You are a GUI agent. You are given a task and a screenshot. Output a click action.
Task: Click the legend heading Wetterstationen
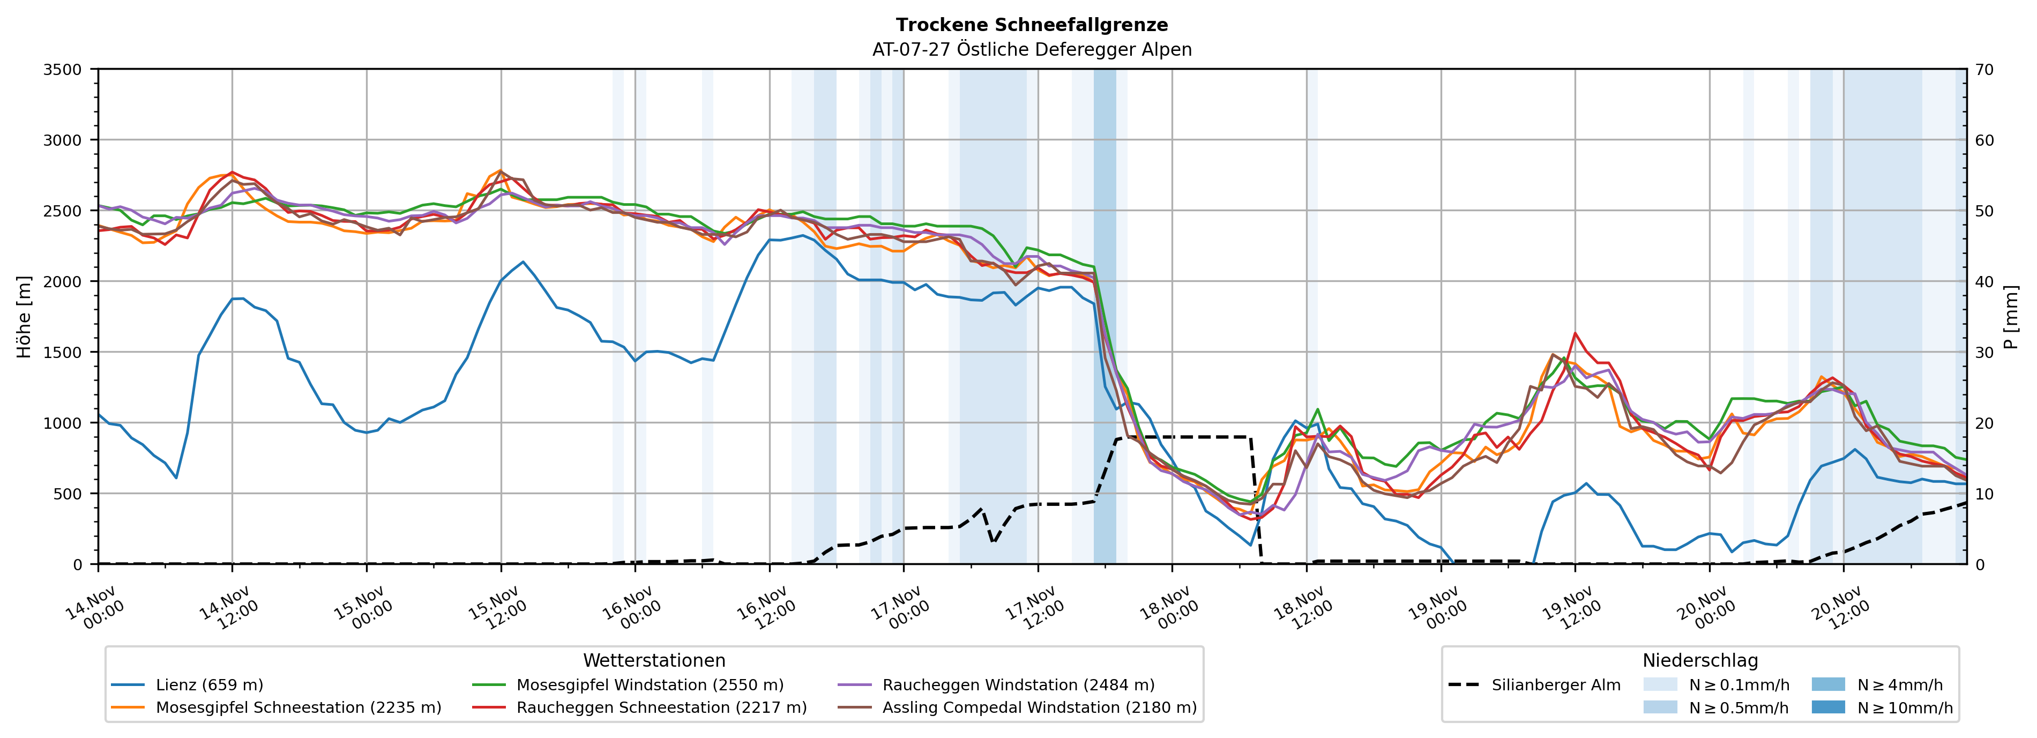tap(654, 660)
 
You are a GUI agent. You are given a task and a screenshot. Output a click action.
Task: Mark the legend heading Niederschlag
tap(1700, 660)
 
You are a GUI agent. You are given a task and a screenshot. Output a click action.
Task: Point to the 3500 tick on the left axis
tap(63, 70)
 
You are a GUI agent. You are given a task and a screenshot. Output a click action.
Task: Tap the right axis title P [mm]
tap(2011, 316)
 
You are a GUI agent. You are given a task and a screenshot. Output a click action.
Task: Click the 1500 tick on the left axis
tap(63, 352)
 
